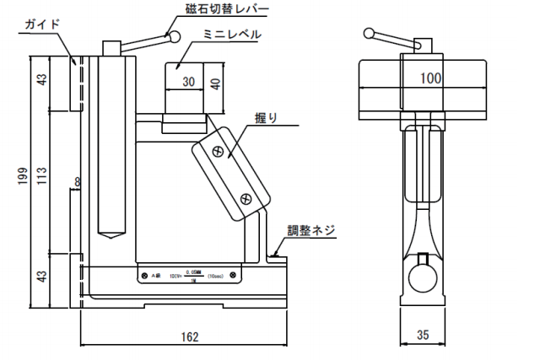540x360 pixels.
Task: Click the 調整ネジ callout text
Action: (311, 228)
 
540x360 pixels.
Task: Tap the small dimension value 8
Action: (77, 182)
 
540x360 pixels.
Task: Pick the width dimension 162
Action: (191, 336)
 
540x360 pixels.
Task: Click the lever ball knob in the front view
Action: (175, 36)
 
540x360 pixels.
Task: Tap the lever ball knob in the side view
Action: (369, 34)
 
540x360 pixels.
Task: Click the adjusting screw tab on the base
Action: (276, 252)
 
